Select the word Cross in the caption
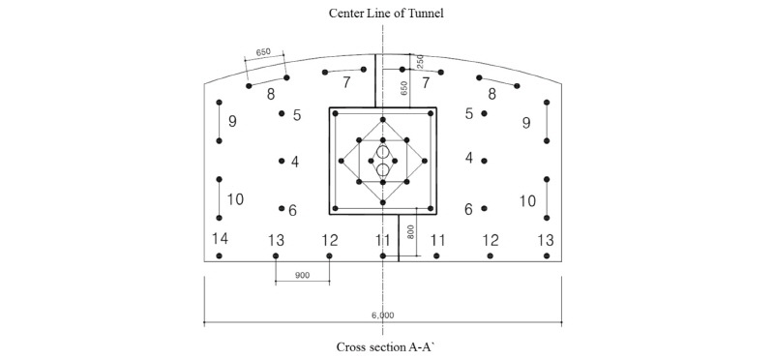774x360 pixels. pyautogui.click(x=352, y=345)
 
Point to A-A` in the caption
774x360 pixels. pyautogui.click(x=427, y=345)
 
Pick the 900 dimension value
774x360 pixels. pyautogui.click(x=302, y=275)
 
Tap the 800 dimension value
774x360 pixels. pyautogui.click(x=410, y=232)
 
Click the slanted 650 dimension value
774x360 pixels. pyautogui.click(x=263, y=52)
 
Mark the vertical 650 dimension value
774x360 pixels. pyautogui.click(x=404, y=87)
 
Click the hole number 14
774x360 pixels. pyautogui.click(x=221, y=238)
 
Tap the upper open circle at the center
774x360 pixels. pyautogui.click(x=383, y=153)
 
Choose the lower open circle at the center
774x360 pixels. pyautogui.click(x=383, y=170)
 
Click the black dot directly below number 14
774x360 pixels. pyautogui.click(x=221, y=255)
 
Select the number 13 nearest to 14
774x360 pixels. pyautogui.click(x=277, y=239)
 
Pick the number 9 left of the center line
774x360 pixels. pyautogui.click(x=232, y=122)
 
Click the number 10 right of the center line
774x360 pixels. pyautogui.click(x=527, y=200)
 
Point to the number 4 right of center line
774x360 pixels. pyautogui.click(x=469, y=158)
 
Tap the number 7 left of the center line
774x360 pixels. pyautogui.click(x=346, y=83)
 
